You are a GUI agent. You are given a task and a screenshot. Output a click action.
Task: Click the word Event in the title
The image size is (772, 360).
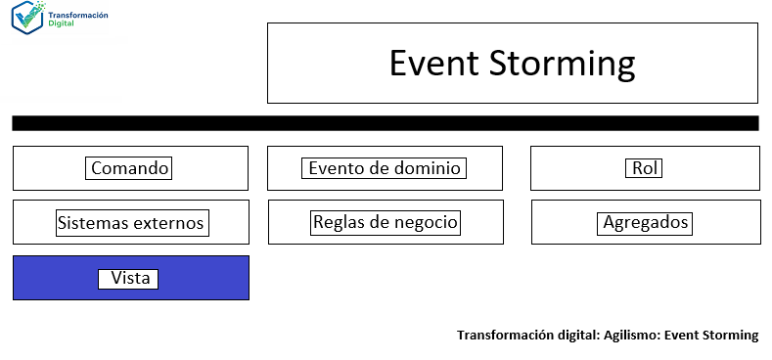431,64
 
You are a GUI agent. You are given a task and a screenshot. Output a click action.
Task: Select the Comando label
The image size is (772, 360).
130,168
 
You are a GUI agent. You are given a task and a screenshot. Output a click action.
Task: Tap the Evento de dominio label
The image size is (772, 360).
385,168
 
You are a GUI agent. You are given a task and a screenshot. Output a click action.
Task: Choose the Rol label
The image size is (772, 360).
645,168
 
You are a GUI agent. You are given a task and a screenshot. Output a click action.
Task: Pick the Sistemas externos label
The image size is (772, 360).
131,223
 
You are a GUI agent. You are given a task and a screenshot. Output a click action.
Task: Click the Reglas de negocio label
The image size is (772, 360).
386,222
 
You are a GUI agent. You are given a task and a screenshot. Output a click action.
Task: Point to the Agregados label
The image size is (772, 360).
646,223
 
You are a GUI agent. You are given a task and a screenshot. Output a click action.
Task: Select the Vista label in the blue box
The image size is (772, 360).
130,279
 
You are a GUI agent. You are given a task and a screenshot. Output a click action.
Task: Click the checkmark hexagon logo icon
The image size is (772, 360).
26,19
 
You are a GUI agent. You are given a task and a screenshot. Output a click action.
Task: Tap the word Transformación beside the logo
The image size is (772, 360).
78,14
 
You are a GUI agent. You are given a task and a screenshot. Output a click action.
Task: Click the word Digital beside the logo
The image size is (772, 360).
62,23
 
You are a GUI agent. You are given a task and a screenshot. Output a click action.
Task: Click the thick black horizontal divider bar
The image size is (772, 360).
385,123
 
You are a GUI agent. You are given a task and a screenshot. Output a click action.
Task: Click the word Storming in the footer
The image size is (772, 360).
730,336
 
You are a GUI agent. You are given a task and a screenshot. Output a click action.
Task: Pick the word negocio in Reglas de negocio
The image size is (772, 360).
424,222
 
